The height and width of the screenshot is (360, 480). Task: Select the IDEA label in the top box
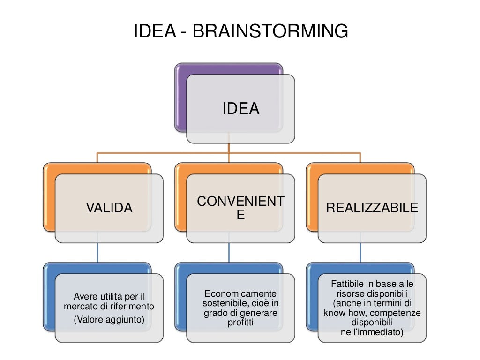click(240, 108)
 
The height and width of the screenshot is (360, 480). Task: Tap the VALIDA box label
click(109, 208)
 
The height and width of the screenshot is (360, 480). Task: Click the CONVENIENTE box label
click(240, 208)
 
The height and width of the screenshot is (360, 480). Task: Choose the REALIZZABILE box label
click(372, 208)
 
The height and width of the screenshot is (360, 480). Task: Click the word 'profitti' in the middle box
click(240, 322)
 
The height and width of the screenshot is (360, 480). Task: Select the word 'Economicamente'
click(240, 293)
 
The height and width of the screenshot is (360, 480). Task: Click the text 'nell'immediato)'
click(372, 332)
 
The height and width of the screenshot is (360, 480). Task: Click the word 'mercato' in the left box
click(80, 306)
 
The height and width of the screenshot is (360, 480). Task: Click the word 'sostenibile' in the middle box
click(220, 302)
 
